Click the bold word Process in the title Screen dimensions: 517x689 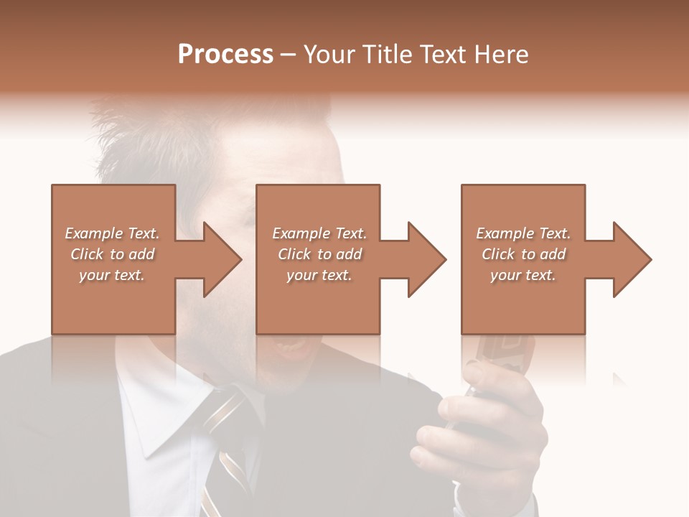tap(225, 55)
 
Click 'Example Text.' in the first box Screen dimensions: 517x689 tap(112, 233)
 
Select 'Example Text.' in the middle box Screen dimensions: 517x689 tap(319, 233)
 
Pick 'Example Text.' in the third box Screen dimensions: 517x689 tap(523, 233)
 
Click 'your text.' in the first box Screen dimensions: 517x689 tap(112, 275)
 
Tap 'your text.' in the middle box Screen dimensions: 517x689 tap(319, 275)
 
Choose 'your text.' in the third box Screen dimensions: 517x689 tap(523, 275)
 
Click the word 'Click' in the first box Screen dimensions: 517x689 tap(87, 254)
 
